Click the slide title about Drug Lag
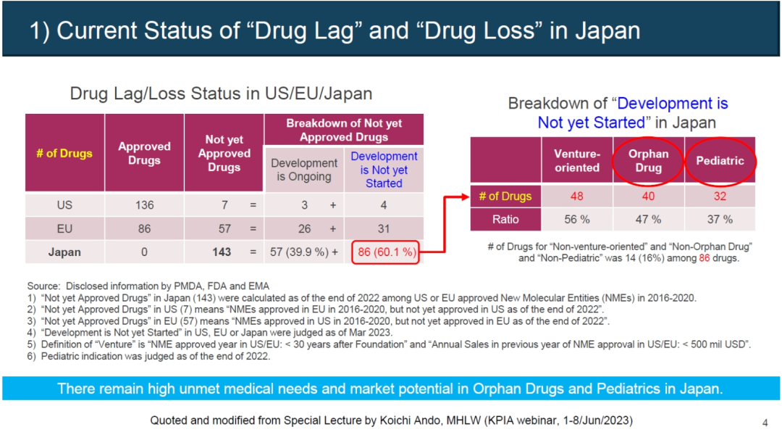(335, 30)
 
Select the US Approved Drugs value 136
(144, 205)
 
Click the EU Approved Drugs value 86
(144, 228)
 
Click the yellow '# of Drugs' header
(64, 153)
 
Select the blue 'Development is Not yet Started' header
(384, 170)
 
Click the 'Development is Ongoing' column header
(304, 170)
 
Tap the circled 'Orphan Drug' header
(648, 160)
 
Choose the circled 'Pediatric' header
(719, 160)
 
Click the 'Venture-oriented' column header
(577, 160)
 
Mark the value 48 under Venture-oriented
(577, 196)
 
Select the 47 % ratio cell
(648, 219)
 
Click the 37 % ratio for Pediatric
(719, 219)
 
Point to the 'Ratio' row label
(506, 219)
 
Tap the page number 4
(765, 423)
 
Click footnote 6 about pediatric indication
(148, 356)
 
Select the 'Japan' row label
(64, 252)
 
